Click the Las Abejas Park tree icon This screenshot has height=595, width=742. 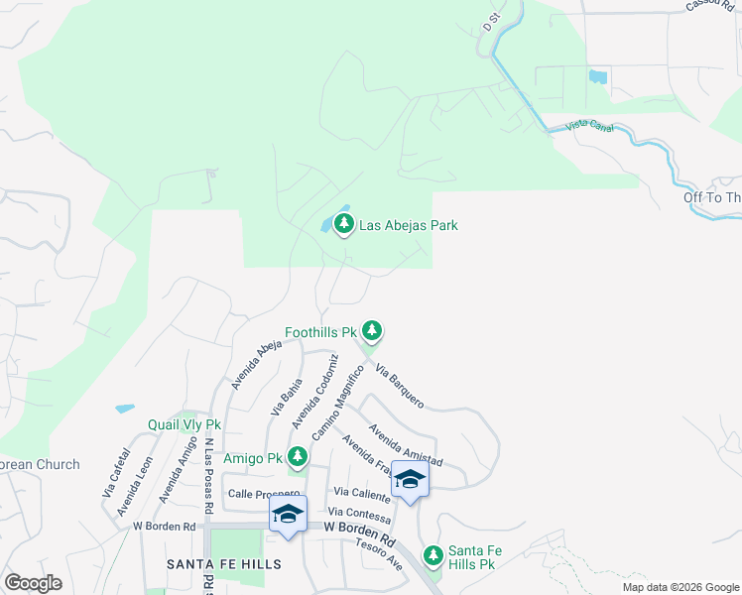pyautogui.click(x=344, y=225)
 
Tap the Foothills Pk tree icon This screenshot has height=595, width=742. pyautogui.click(x=372, y=330)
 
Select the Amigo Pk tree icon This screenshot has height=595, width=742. pyautogui.click(x=297, y=456)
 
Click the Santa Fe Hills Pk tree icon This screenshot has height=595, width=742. pyautogui.click(x=433, y=555)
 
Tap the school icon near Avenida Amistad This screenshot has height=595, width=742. pyautogui.click(x=409, y=480)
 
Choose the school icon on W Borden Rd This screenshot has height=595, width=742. pyautogui.click(x=288, y=514)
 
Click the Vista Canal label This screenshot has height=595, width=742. pyautogui.click(x=589, y=127)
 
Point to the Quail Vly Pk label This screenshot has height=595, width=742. pyautogui.click(x=184, y=424)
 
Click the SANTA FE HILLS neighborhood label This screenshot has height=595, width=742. pyautogui.click(x=224, y=563)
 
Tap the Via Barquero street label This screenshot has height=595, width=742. pyautogui.click(x=400, y=386)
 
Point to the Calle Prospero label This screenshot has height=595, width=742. pyautogui.click(x=263, y=493)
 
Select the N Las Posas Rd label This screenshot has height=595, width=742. pyautogui.click(x=209, y=475)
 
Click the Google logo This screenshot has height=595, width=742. pyautogui.click(x=33, y=582)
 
